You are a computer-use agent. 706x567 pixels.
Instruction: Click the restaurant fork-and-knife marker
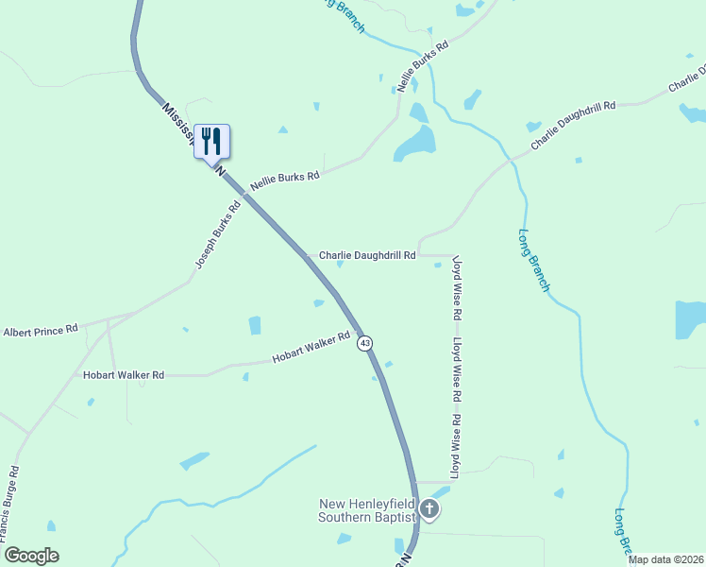point(211,142)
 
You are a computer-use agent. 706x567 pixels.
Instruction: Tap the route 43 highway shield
point(364,342)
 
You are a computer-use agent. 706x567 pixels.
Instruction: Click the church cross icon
point(429,510)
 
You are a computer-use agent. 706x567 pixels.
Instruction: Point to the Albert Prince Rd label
point(40,332)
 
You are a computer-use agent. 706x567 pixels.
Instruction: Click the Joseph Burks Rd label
point(218,232)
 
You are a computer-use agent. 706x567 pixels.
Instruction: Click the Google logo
point(31,556)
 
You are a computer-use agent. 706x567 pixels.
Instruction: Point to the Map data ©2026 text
point(665,559)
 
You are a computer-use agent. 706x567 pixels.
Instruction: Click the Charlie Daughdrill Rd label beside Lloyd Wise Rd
point(367,255)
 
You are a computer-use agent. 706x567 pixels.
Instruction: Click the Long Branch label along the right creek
point(532,260)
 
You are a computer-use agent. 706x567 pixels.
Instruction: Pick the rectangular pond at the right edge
point(690,319)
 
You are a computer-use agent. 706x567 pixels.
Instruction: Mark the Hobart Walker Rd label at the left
point(124,375)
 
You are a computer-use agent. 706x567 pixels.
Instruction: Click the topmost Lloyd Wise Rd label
point(457,284)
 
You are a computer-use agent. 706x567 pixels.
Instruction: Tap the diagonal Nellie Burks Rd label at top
point(422,65)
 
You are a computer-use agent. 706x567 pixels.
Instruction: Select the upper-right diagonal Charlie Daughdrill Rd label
point(573,125)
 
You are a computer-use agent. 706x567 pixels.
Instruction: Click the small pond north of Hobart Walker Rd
point(254,325)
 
